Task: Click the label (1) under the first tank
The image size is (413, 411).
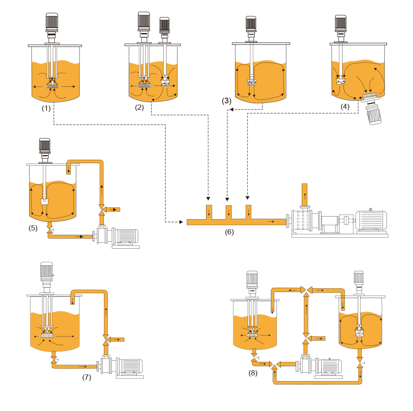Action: click(46, 109)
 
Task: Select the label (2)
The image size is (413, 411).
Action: click(139, 108)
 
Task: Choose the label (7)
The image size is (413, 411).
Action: click(87, 377)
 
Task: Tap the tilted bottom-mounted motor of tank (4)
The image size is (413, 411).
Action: click(373, 111)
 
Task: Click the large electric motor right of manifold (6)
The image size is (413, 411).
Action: click(370, 221)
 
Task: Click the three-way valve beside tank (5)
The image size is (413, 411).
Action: click(102, 209)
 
